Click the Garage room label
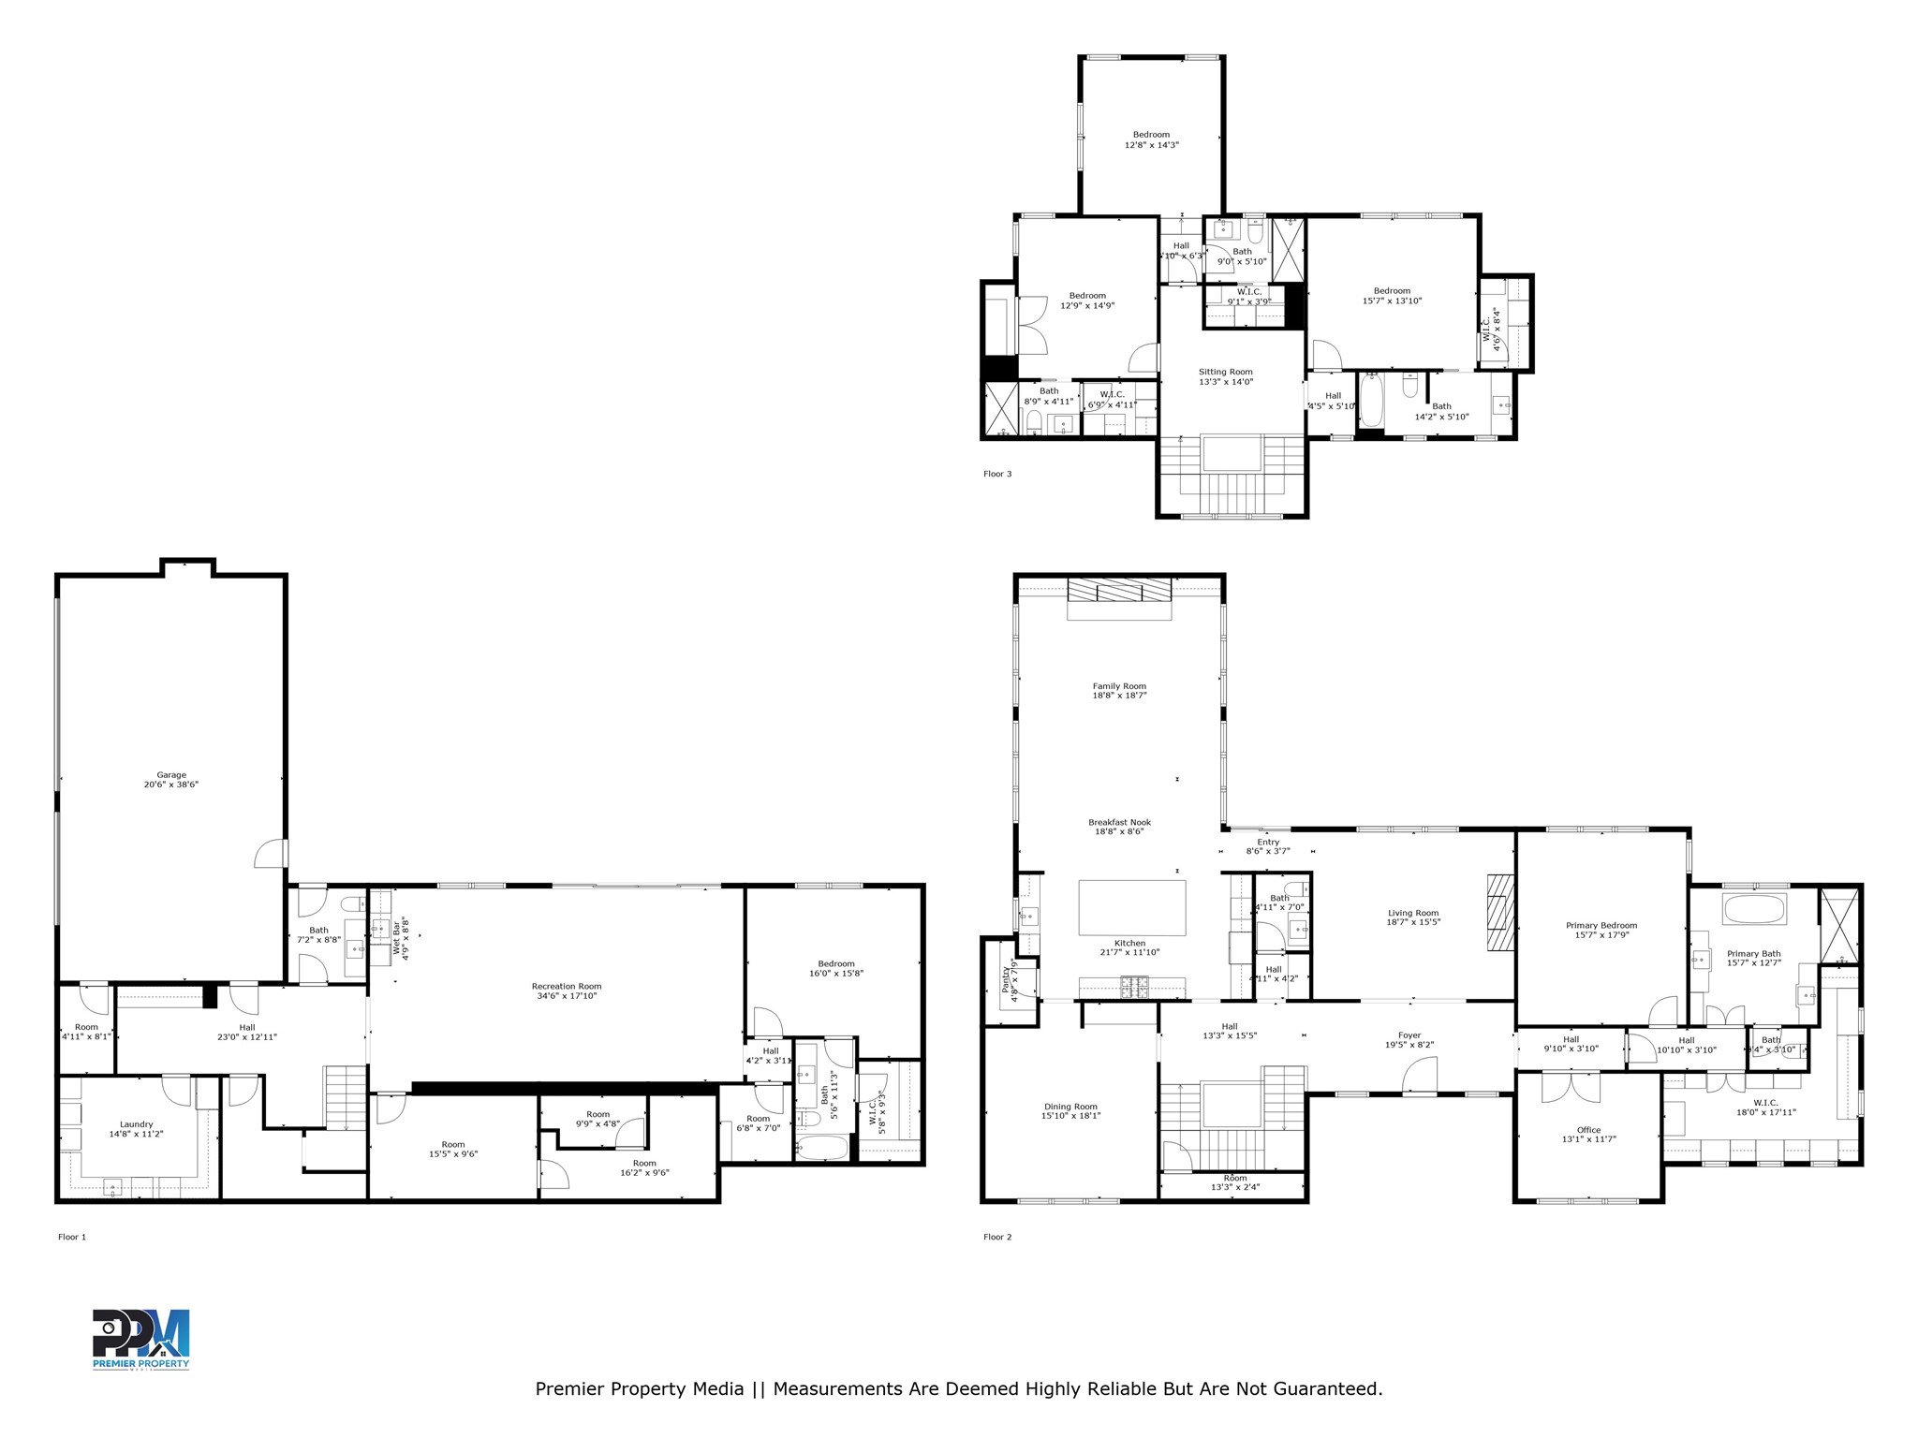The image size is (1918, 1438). coord(171,780)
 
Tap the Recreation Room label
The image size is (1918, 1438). coord(566,990)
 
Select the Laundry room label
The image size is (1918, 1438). coord(137,1128)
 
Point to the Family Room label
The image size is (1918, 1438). coord(1119,691)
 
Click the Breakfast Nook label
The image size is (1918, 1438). coord(1119,827)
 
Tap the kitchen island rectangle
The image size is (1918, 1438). coord(1131,907)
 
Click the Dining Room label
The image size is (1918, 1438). coord(1070,1110)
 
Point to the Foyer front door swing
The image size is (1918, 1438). coord(1422,1074)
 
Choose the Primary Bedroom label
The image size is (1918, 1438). coord(1601,930)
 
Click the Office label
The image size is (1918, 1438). coord(1588,1135)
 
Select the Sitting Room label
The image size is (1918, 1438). coord(1225,376)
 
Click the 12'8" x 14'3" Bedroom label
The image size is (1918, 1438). coord(1151,139)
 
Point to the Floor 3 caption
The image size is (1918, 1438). coord(997,474)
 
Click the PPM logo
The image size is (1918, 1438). coord(140,1339)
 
